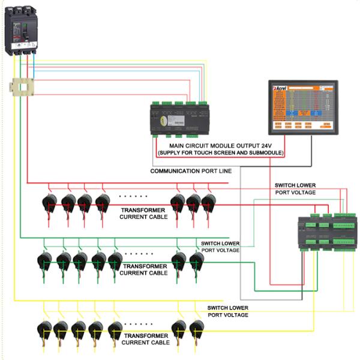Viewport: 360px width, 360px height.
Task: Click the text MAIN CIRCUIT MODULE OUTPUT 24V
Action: coord(220,145)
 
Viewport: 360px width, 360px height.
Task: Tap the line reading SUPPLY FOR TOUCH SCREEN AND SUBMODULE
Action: coord(220,153)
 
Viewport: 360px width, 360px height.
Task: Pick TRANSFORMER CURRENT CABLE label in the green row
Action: coord(144,269)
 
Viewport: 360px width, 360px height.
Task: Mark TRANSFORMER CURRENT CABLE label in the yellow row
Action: coord(146,339)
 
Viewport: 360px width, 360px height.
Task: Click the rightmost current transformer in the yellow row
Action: coord(196,329)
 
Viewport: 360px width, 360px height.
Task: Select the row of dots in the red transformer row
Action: coord(133,196)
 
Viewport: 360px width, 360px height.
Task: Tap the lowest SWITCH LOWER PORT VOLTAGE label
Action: coord(228,311)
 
